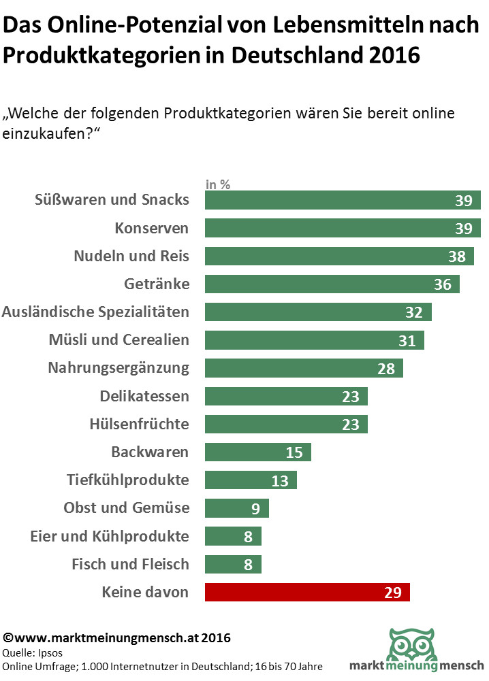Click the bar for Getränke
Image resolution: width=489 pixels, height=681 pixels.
pyautogui.click(x=332, y=284)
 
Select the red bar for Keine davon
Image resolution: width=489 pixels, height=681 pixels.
pyautogui.click(x=307, y=592)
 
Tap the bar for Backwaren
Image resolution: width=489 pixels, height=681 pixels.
pyautogui.click(x=257, y=452)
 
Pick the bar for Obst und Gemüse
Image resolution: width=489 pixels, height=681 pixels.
pyautogui.click(x=236, y=508)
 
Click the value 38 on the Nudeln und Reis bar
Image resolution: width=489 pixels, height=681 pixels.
pyautogui.click(x=457, y=256)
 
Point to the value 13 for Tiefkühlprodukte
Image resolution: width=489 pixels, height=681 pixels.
pyautogui.click(x=280, y=480)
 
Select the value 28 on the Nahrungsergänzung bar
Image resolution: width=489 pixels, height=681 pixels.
pyautogui.click(x=386, y=368)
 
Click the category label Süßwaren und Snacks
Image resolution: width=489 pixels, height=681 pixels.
pyautogui.click(x=112, y=199)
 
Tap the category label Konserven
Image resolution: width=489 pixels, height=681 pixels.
pyautogui.click(x=151, y=228)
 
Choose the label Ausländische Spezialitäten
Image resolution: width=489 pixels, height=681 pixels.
pyautogui.click(x=95, y=312)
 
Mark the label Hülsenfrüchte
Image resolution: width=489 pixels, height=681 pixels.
pyautogui.click(x=139, y=424)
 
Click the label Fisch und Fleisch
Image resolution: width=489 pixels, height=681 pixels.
pyautogui.click(x=130, y=564)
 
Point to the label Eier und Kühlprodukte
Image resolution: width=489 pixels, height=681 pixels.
pyautogui.click(x=110, y=536)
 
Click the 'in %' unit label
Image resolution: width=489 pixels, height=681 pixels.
pyautogui.click(x=218, y=184)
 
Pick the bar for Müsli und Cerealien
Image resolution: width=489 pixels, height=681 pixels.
pyautogui.click(x=314, y=340)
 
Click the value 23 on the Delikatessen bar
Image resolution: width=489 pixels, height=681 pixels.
pyautogui.click(x=351, y=396)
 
